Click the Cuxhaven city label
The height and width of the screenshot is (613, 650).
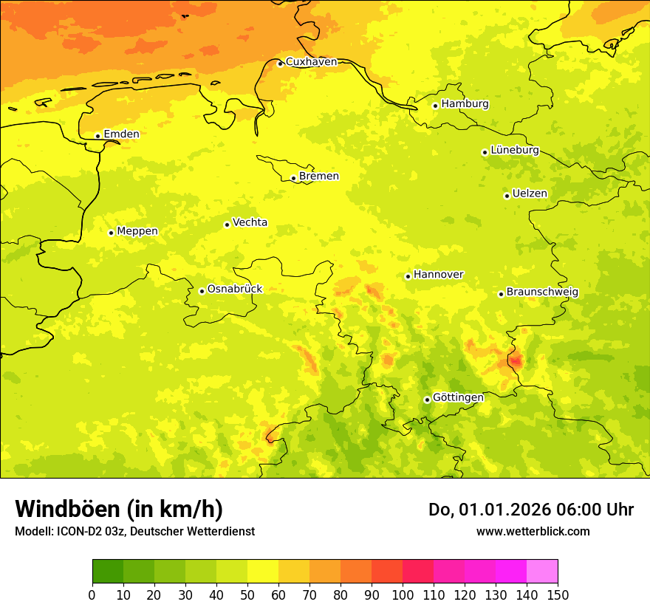pyautogui.click(x=311, y=62)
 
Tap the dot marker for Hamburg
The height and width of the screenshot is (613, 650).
pyautogui.click(x=436, y=106)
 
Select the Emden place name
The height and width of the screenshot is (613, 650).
pyautogui.click(x=121, y=134)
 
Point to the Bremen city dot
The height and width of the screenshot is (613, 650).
pyautogui.click(x=293, y=178)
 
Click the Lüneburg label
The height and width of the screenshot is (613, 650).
pyautogui.click(x=515, y=151)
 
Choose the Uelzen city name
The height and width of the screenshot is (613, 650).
pyautogui.click(x=530, y=194)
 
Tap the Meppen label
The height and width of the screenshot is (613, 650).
pyautogui.click(x=137, y=231)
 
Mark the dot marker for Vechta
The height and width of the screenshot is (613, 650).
pyautogui.click(x=227, y=225)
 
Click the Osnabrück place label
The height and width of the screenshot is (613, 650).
pyautogui.click(x=235, y=290)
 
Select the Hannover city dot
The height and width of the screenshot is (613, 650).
pyautogui.click(x=408, y=276)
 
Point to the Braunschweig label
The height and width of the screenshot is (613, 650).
pyautogui.click(x=542, y=292)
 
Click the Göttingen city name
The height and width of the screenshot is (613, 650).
pyautogui.click(x=458, y=398)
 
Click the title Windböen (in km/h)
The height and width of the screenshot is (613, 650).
pyautogui.click(x=119, y=510)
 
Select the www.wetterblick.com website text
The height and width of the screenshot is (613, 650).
pyautogui.click(x=533, y=531)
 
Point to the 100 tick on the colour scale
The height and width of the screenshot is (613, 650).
pyautogui.click(x=403, y=595)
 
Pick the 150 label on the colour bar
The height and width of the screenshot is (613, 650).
pyautogui.click(x=558, y=595)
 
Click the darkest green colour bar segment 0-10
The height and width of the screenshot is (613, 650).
pyautogui.click(x=108, y=571)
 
